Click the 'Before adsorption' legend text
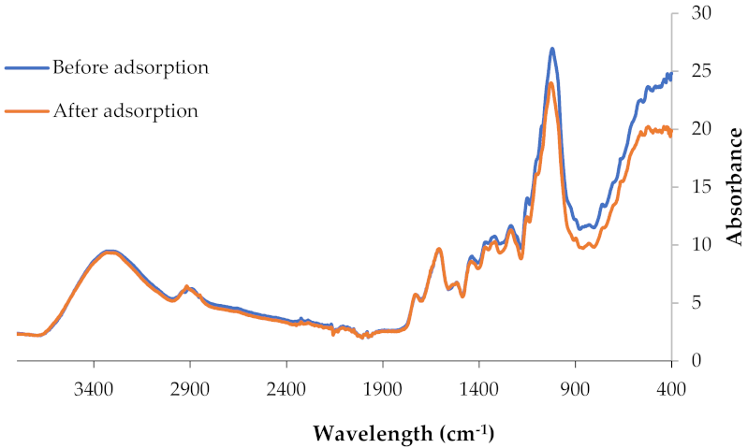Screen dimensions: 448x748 [130, 67]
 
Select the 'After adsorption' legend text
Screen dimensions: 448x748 [125, 110]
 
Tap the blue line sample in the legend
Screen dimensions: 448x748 [26, 68]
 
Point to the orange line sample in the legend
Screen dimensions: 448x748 [26, 111]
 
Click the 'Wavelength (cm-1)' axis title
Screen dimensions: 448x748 [403, 434]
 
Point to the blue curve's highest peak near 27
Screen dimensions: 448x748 [552, 49]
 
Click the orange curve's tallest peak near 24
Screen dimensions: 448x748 [551, 83]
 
